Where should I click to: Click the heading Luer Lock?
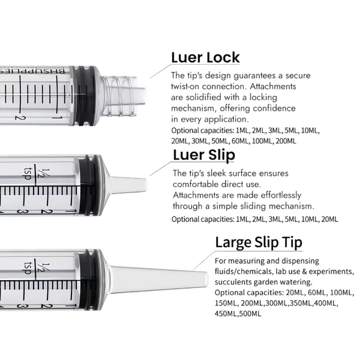(205, 58)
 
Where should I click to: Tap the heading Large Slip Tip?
(259, 242)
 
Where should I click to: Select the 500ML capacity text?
(248, 313)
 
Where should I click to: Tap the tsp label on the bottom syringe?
(27, 265)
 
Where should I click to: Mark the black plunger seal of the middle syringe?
(85, 183)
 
